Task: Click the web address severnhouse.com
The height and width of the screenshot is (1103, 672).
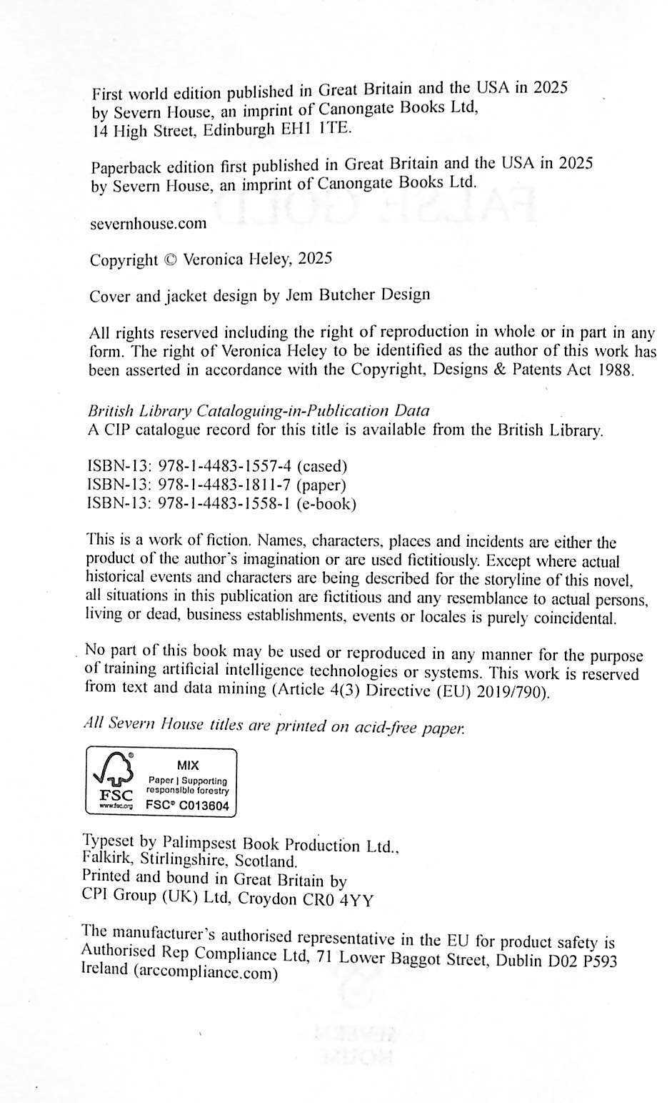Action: pos(149,224)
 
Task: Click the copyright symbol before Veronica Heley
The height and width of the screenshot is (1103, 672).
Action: pos(170,260)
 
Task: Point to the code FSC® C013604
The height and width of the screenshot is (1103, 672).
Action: pos(187,805)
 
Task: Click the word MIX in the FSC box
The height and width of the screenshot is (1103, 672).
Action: pos(188,765)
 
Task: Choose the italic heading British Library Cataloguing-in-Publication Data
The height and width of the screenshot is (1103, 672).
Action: pos(259,411)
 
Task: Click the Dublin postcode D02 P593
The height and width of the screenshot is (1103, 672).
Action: pos(582,961)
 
